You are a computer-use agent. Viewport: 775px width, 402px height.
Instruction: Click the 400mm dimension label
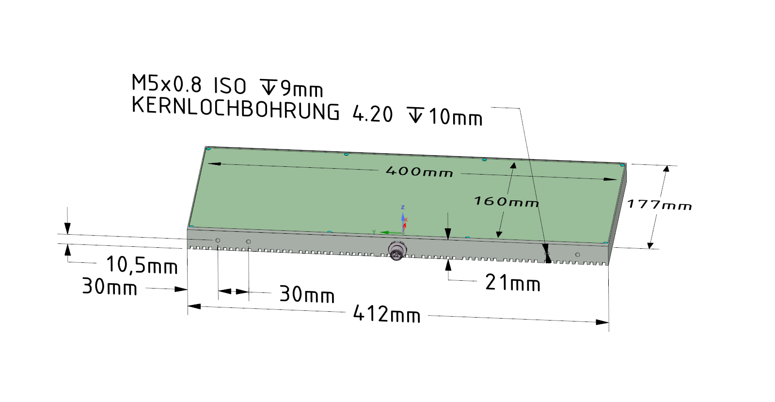419,171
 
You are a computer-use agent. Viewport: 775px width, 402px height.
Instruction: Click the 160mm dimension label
506,201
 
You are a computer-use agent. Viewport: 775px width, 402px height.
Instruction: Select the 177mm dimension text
659,205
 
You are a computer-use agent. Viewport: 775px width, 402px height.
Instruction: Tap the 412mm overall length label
387,314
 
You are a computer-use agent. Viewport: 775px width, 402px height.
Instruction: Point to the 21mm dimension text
513,283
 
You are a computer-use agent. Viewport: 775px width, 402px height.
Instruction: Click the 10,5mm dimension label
142,265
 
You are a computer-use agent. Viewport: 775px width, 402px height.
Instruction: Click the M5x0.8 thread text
166,84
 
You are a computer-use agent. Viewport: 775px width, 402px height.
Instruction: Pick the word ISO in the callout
230,86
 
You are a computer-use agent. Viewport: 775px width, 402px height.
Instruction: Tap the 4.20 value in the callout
372,114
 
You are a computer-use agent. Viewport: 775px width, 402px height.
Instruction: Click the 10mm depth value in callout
456,117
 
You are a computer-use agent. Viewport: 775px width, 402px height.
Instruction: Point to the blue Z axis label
402,208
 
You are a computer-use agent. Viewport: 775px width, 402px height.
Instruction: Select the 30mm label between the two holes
307,294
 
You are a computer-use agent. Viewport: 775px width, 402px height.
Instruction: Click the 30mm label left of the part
110,287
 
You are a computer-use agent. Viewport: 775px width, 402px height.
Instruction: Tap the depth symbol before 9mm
268,87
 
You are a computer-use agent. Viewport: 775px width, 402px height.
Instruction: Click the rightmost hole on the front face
577,255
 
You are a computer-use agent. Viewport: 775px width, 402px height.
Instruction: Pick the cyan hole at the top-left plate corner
208,149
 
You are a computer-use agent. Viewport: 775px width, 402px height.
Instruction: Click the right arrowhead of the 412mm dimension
602,322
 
